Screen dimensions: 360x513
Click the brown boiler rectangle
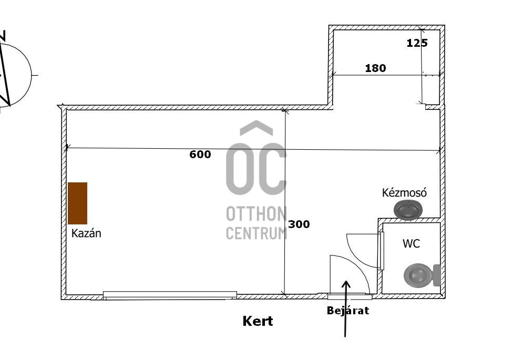point(77,203)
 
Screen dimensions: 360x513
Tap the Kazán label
point(86,233)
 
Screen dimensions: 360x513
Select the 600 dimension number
point(200,155)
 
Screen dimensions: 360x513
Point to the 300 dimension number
point(299,224)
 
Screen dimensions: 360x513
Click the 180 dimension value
point(375,68)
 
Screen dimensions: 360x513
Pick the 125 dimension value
point(417,43)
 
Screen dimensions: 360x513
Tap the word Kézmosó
point(404,193)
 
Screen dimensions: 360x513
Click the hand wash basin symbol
point(408,210)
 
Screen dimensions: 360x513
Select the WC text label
point(411,244)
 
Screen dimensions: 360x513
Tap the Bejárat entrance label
point(347,311)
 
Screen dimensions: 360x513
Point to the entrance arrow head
point(346,284)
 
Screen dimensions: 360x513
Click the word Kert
point(258,321)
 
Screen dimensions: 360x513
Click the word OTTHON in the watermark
point(256,214)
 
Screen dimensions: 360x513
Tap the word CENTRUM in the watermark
point(256,232)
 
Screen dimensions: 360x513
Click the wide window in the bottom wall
point(170,295)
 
